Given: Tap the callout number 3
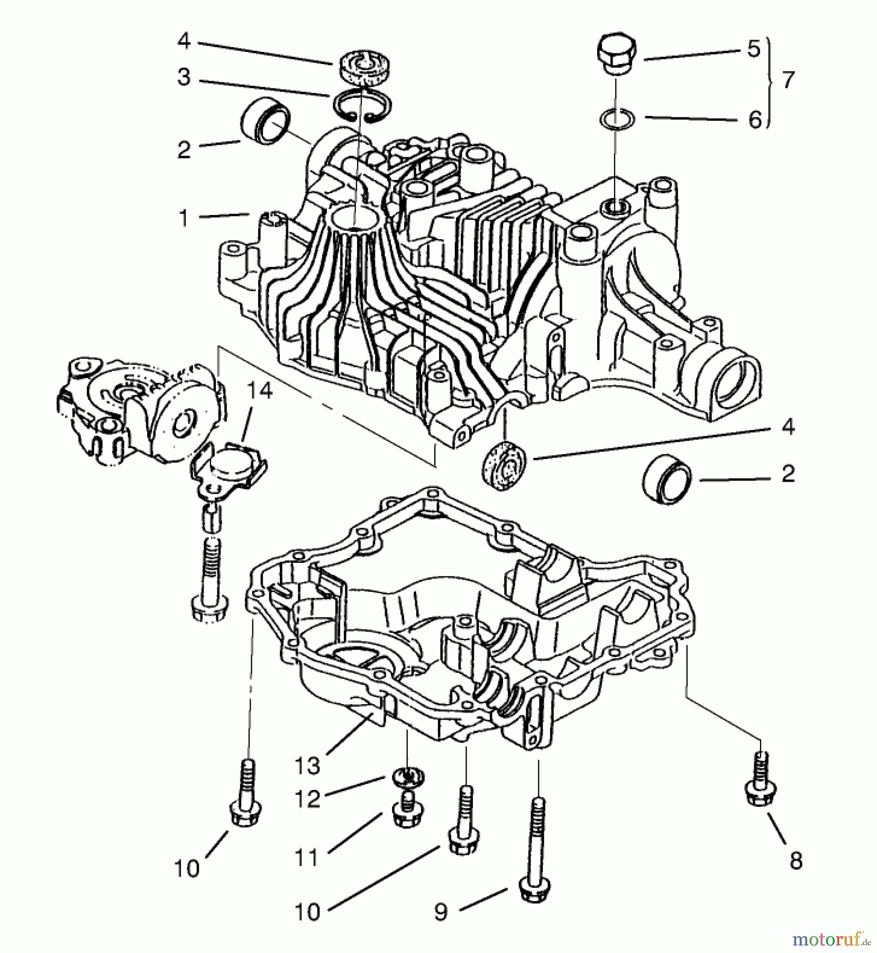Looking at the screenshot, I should coord(184,77).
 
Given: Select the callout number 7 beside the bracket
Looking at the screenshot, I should coord(788,80).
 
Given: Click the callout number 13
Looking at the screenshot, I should coord(308,765).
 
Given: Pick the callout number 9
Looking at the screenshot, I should coord(441,910).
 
